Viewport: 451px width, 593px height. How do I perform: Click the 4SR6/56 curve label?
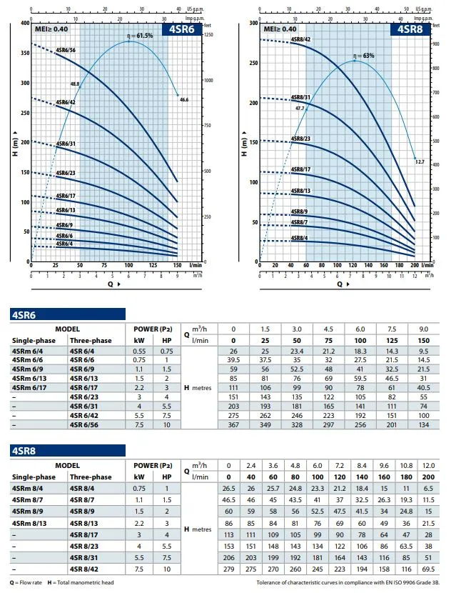tap(65, 51)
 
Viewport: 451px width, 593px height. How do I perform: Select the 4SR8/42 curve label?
tap(300, 39)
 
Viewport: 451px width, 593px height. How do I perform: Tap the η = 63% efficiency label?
tap(363, 55)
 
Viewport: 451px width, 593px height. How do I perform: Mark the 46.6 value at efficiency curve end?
tap(183, 99)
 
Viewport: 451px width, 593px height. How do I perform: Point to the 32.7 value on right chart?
tap(420, 163)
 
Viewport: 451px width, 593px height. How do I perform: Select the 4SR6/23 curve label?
tap(65, 173)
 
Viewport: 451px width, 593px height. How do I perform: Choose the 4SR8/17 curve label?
tap(300, 169)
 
